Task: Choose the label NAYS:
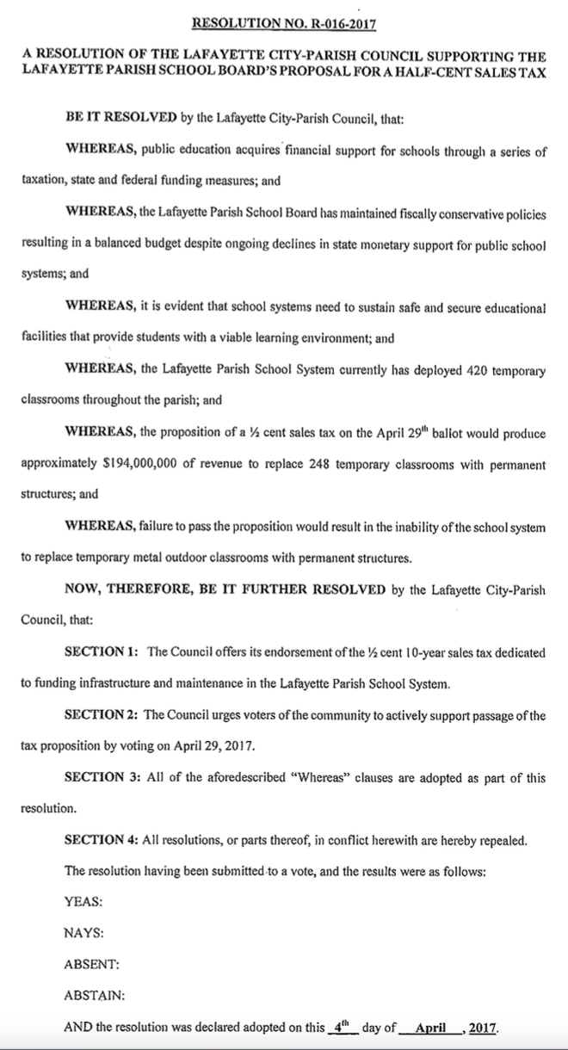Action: (84, 932)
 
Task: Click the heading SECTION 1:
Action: (102, 652)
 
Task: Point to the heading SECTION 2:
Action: (102, 715)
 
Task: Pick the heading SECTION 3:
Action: (102, 778)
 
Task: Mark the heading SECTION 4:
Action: (102, 840)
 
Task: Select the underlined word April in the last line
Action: (434, 1028)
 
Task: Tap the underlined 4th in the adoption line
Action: (342, 1027)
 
